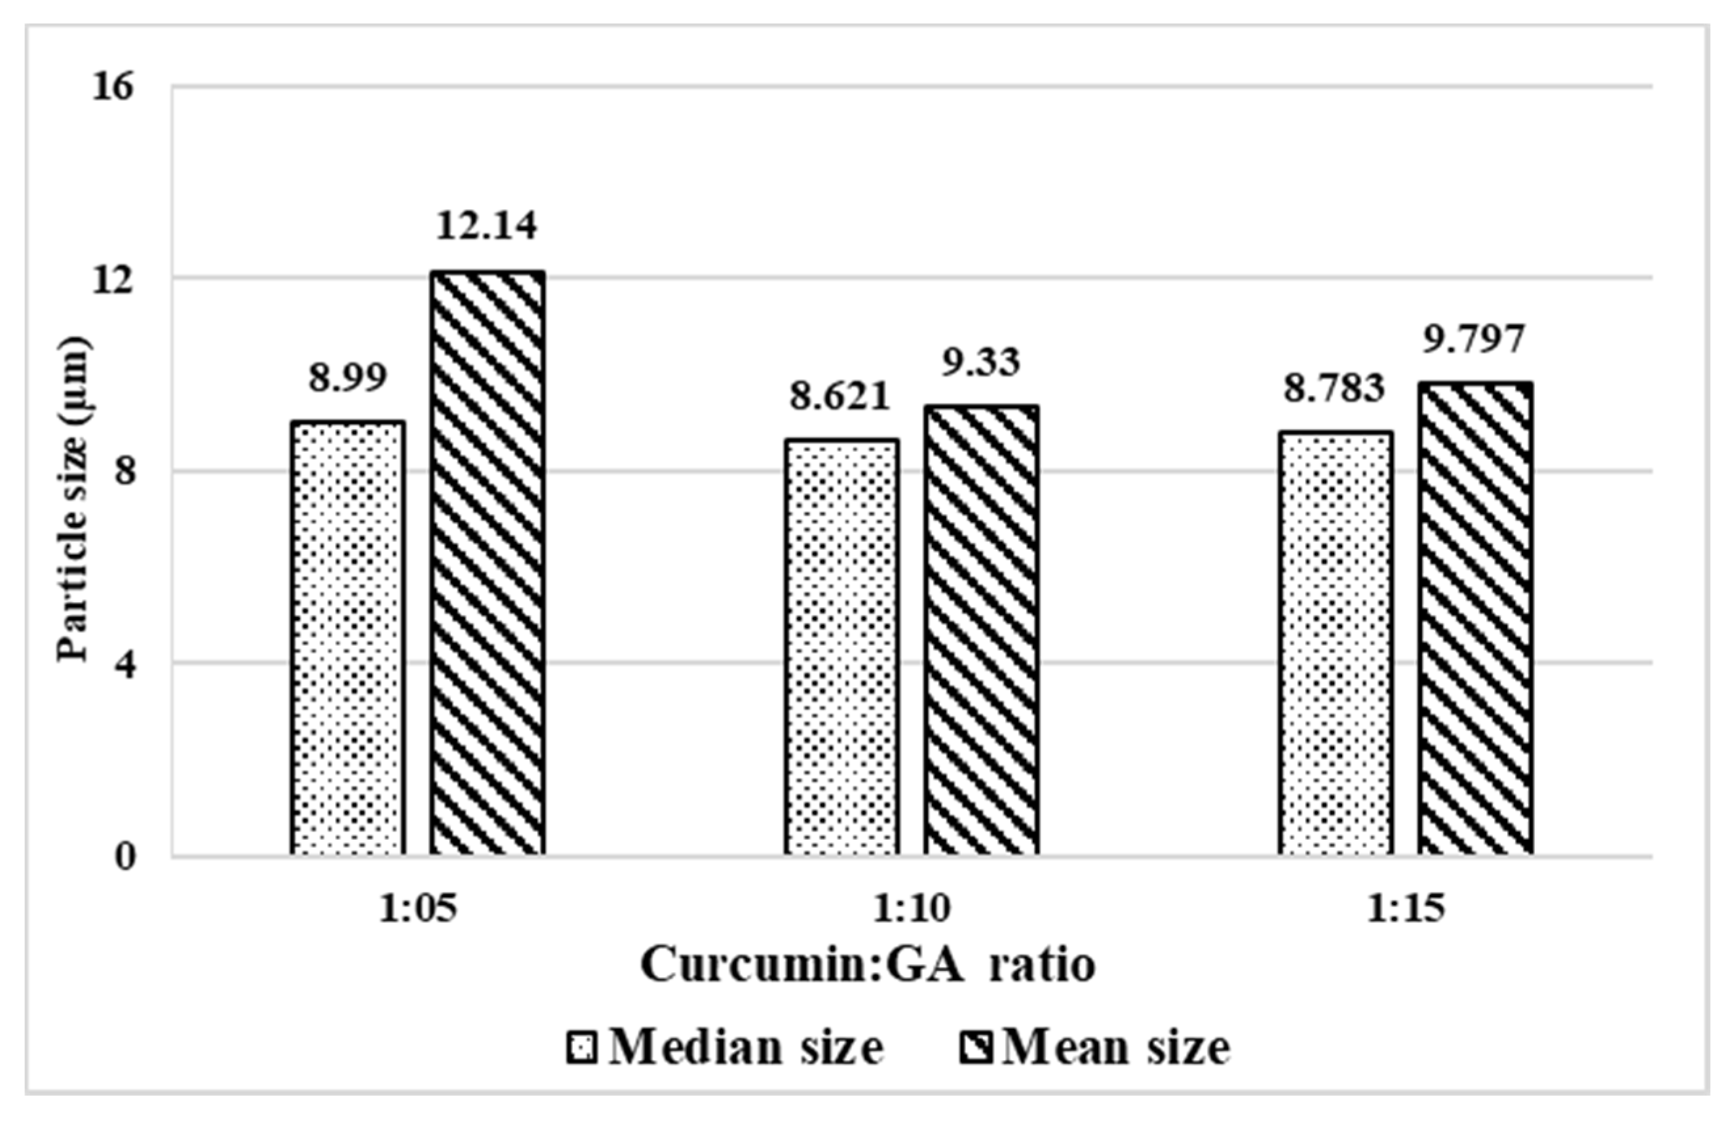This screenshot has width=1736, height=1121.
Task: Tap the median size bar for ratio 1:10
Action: tap(841, 647)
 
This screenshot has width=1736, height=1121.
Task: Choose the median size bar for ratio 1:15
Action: tap(1336, 643)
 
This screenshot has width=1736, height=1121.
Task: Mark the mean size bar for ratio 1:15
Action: tap(1475, 618)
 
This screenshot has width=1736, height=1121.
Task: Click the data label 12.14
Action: tap(487, 225)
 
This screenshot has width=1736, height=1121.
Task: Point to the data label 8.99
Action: tap(347, 378)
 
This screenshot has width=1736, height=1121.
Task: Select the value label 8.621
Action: tap(841, 397)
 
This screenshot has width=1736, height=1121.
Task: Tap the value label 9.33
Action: tap(981, 362)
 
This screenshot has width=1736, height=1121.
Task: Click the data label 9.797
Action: tap(1474, 340)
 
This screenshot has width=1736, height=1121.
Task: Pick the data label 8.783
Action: tap(1334, 389)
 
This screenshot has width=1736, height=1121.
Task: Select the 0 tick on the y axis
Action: tap(125, 857)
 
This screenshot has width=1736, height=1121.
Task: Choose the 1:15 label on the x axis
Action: tap(1406, 909)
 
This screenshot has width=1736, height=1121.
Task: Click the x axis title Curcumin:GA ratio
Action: tap(868, 965)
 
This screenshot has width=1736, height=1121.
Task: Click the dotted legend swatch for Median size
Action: tap(581, 1048)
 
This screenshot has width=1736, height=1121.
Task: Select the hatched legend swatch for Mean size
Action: tap(975, 1048)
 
